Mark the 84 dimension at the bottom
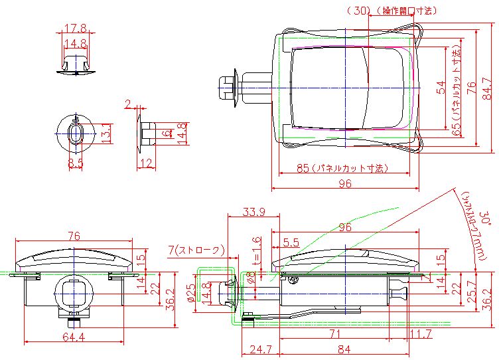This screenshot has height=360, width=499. [343, 348]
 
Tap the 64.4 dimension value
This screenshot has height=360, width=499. [73, 337]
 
